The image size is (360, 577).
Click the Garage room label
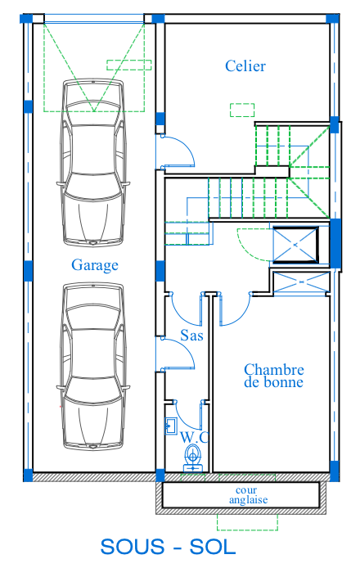pos(95,265)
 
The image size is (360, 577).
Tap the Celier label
pos(245,66)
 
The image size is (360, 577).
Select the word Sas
pos(191,336)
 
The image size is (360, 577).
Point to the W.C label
pos(195,437)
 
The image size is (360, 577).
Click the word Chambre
pos(274,369)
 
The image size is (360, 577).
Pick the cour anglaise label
pos(248,495)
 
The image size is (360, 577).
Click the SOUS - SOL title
pos(168,547)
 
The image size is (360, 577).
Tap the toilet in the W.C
pos(193,458)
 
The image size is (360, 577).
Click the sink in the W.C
pos(171,426)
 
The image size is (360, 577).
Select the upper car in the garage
pos(93,162)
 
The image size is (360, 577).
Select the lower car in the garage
pos(93,366)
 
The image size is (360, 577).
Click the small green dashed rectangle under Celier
pos(242,110)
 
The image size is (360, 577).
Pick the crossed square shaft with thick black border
pos(295,245)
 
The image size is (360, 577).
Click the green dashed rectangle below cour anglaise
pos(247,522)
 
